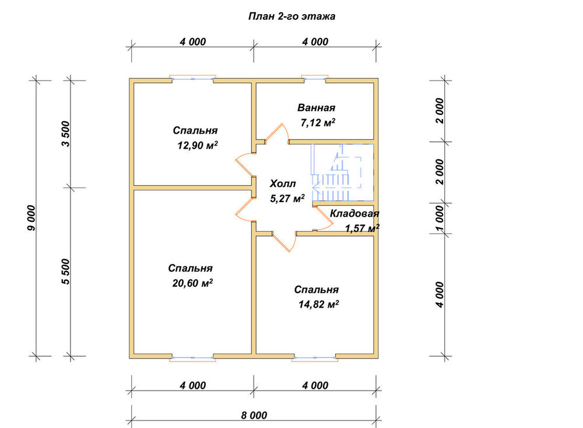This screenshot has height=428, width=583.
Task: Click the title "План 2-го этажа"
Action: pos(291,16)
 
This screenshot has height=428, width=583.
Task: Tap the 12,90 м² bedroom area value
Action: pos(198,145)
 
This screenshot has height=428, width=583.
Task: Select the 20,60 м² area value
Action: pos(192,283)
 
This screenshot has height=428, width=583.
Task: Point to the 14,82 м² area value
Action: pos(318,304)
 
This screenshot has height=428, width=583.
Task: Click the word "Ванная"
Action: pos(316,107)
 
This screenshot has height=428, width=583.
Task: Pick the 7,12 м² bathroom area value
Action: pos(318,122)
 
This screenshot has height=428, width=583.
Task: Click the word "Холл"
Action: pos(283,184)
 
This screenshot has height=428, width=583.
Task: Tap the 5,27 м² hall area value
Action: pos(287,198)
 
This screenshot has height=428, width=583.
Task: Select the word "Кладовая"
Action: pos(354,214)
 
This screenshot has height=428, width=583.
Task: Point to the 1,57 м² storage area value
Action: pos(362,228)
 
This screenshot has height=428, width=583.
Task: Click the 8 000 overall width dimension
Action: pos(254,415)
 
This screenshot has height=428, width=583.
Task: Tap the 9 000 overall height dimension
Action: pos(31,218)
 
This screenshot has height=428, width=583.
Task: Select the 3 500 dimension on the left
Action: pos(65,134)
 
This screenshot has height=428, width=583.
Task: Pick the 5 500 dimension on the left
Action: pos(65,272)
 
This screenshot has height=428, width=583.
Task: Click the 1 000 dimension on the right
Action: pos(440,218)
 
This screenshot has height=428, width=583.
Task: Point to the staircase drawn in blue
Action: pos(342,172)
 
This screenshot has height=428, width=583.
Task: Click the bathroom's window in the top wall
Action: pos(315,78)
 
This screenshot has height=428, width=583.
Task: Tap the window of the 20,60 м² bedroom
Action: pos(192,358)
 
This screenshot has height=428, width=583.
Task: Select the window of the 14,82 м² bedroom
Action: pos(315,358)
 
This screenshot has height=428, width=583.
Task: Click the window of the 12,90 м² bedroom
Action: pos(192,78)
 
